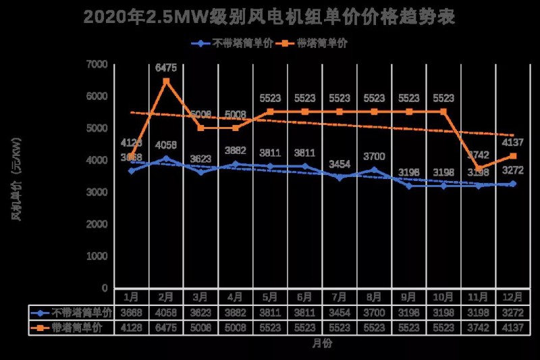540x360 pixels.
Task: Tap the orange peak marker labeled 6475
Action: point(166,81)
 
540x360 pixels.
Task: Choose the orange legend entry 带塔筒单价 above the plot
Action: point(317,43)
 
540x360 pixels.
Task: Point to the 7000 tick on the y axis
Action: point(98,64)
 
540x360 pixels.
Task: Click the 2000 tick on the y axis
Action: point(98,224)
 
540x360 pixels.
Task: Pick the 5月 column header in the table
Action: point(270,297)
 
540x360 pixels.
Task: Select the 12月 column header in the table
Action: point(513,297)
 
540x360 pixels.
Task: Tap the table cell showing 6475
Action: point(166,328)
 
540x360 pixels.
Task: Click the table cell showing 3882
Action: point(236,313)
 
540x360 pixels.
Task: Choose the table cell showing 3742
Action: point(479,328)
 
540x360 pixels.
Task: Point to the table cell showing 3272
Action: point(513,313)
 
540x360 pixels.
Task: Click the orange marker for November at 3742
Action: point(479,168)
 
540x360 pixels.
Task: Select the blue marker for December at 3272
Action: point(513,184)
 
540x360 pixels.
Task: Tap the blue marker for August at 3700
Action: point(375,170)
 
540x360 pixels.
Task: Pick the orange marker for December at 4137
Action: point(513,156)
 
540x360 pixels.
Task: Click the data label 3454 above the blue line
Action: point(340,164)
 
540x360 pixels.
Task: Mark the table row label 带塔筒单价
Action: point(76,328)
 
